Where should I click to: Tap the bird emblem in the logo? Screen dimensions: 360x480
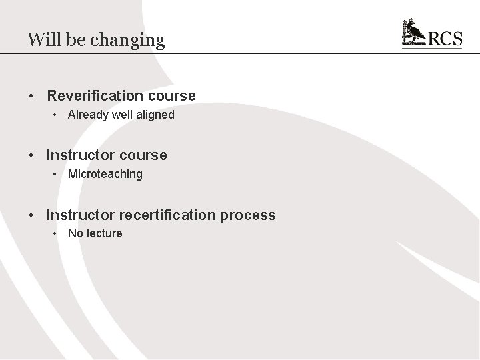point(413,33)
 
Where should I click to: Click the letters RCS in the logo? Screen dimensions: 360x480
point(445,38)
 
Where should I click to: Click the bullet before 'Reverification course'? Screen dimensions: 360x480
point(31,96)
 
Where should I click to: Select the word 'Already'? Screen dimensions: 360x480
point(88,115)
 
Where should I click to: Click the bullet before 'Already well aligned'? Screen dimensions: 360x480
point(55,115)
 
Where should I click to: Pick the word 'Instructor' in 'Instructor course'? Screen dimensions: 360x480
point(79,155)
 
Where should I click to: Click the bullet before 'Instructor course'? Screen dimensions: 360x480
point(31,155)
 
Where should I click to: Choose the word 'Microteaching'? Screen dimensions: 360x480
point(105,174)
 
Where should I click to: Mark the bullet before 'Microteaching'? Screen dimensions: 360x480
point(55,174)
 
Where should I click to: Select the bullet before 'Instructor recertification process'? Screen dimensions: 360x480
point(31,215)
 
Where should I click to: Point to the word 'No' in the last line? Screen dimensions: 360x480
point(75,233)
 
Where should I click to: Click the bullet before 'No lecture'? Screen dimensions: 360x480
point(55,233)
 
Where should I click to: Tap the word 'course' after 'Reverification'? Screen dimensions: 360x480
point(175,96)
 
